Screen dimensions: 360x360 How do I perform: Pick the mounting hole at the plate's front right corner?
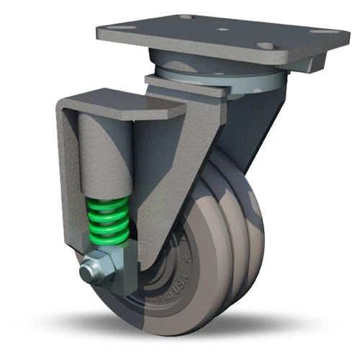pyautogui.click(x=267, y=46)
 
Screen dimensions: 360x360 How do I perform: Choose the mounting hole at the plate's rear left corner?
pyautogui.click(x=185, y=16)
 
